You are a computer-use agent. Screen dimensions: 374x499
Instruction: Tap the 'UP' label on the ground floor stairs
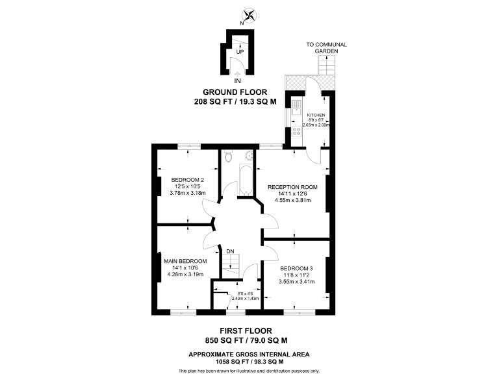tap(240, 51)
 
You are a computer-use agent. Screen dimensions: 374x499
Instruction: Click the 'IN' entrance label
tap(238, 80)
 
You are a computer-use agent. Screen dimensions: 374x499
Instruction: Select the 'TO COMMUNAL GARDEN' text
tap(327, 47)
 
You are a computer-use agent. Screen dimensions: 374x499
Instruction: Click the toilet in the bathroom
tap(228, 156)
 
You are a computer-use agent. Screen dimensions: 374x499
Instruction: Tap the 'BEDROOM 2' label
tap(188, 180)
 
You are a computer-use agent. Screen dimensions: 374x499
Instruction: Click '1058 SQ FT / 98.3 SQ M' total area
tap(249, 362)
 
